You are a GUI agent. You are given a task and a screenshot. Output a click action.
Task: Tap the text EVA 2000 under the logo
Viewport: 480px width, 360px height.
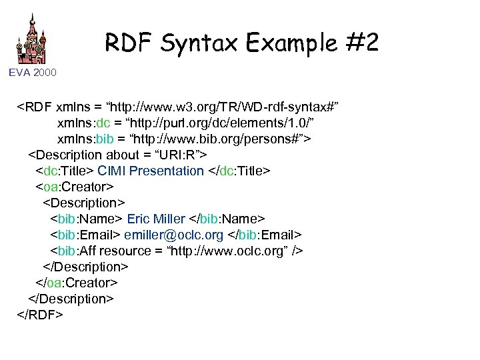click(33, 71)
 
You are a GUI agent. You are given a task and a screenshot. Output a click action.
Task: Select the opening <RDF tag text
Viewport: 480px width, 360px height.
click(35, 107)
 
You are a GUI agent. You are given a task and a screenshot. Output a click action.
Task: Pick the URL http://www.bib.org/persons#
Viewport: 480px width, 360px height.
click(219, 139)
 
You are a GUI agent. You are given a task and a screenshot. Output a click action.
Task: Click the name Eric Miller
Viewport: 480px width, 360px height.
click(156, 219)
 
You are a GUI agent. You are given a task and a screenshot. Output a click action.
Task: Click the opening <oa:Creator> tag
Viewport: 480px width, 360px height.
click(75, 187)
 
